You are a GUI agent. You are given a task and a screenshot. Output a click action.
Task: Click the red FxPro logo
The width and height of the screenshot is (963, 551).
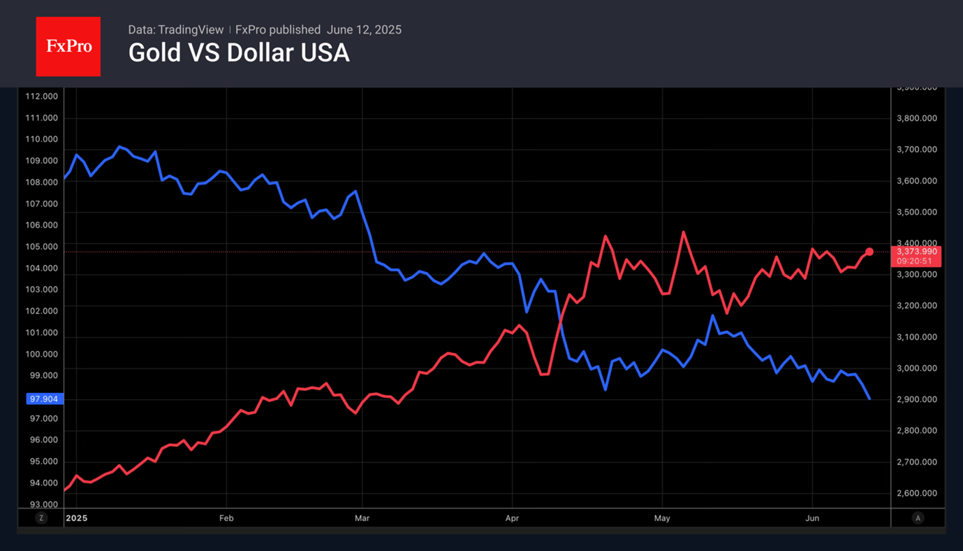coord(68,47)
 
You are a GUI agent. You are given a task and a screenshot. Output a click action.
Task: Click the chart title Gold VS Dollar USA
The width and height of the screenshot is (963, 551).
coord(239,53)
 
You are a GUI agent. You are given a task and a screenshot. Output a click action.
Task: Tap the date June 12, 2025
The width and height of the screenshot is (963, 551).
coord(364,30)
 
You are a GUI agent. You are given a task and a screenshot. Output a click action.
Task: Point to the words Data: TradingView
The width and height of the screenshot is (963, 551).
coord(176,30)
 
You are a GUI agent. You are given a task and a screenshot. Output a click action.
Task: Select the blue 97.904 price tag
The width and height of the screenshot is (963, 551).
coord(45,399)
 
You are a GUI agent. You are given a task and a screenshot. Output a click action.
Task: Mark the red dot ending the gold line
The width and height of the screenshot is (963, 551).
coord(869,252)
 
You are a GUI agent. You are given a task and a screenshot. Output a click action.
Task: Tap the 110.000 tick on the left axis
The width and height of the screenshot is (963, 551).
coord(41,139)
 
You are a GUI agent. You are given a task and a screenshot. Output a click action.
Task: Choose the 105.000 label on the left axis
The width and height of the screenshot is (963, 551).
coord(41,247)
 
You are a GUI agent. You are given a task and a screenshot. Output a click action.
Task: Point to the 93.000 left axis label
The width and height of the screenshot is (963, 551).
coord(41,505)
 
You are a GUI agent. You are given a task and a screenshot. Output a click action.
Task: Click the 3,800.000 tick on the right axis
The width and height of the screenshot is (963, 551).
coord(916,119)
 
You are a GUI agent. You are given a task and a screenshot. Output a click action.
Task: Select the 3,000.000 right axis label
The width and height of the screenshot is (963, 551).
coord(916,368)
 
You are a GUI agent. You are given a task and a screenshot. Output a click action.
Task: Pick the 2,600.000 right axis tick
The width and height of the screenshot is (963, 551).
coord(916,494)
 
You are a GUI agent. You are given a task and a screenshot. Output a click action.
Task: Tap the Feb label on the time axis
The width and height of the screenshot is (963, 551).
coord(226,518)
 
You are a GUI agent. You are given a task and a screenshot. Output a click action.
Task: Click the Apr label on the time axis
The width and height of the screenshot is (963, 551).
coord(512,518)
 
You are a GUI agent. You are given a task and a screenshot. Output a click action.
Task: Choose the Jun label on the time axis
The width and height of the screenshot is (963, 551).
coord(812,518)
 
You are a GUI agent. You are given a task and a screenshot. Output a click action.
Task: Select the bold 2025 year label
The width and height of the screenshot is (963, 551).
coord(76,518)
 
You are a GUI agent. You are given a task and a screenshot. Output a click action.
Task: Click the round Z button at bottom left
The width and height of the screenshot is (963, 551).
coord(41,518)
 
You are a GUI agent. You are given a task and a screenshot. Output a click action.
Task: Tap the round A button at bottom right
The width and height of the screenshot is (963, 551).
coord(918,518)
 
